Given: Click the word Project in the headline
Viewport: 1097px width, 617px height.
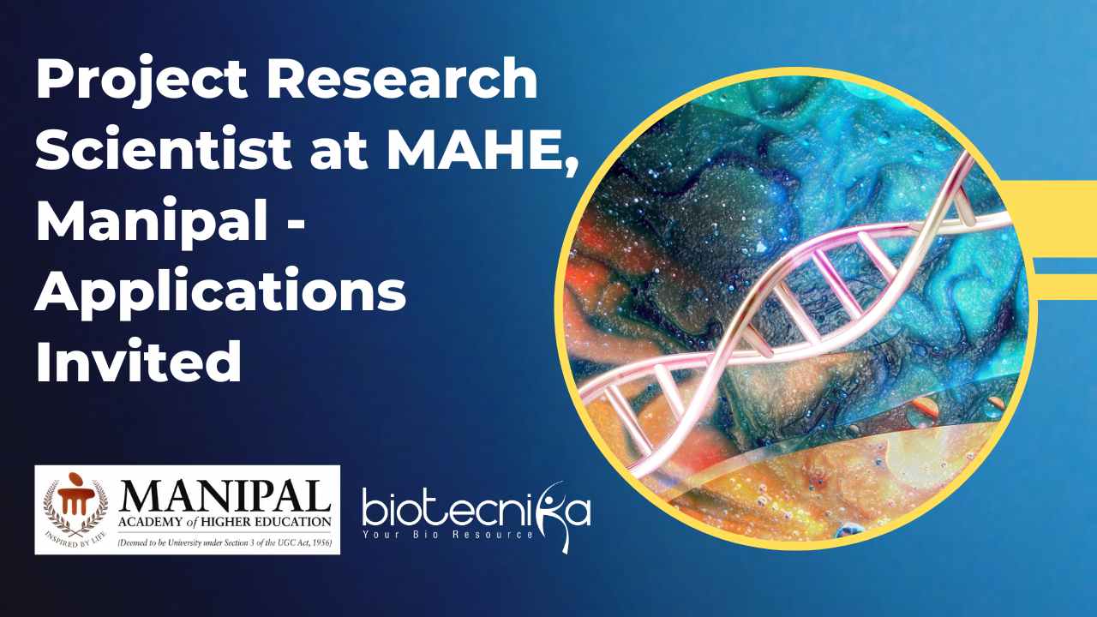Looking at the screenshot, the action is point(141,80).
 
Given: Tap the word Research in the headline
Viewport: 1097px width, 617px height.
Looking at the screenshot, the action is point(402,78).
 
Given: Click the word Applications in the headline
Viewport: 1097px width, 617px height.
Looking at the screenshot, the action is point(221,292).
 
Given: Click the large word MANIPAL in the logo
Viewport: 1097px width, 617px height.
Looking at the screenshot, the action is point(225,496).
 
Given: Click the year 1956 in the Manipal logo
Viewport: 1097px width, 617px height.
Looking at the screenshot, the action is point(321,542).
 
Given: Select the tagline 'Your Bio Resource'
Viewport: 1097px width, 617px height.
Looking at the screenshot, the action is point(447,534).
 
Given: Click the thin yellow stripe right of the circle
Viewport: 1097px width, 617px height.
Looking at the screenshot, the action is point(1065,281).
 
